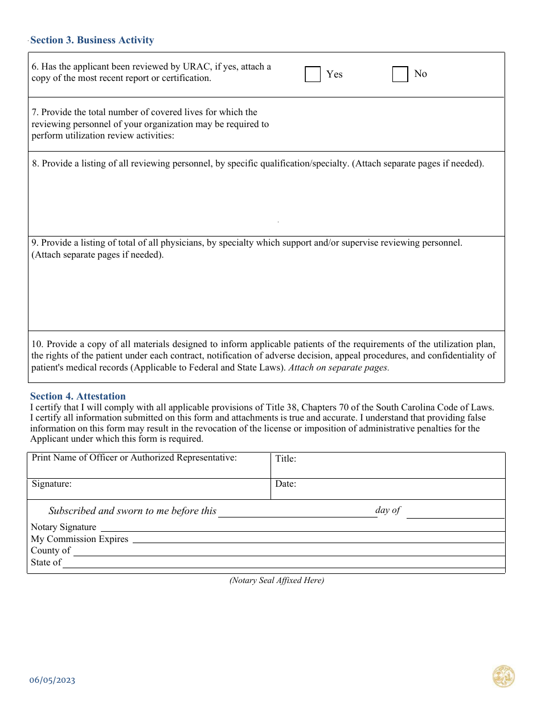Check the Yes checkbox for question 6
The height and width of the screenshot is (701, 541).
313,74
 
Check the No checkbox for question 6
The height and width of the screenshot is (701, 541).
400,74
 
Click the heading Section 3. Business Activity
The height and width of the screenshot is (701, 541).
92,40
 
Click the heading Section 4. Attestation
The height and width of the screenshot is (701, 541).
77,396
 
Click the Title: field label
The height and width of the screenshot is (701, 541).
285,458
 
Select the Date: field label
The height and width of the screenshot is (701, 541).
285,484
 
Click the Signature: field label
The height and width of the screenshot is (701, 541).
51,484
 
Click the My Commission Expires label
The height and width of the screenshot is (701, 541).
79,539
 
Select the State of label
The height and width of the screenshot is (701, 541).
46,563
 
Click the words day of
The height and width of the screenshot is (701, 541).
388,510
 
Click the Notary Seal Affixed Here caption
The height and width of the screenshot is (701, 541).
276,581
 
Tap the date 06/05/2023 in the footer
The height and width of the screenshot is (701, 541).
52,680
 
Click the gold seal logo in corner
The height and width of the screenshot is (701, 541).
503,676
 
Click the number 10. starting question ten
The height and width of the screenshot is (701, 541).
38,344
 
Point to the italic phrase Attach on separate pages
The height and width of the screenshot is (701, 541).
338,368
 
